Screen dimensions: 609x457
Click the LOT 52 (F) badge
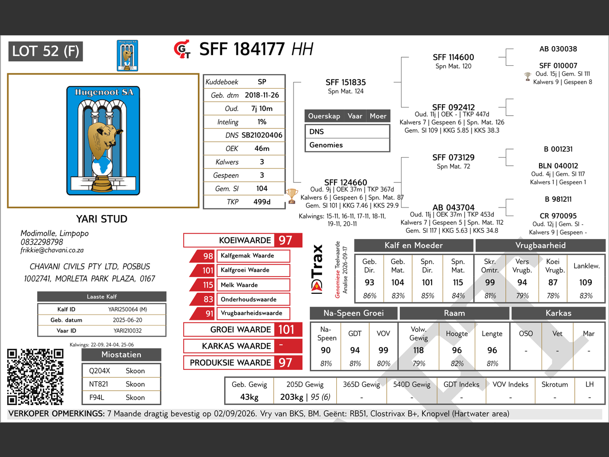pos(46,51)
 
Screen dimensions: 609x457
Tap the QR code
pos(35,377)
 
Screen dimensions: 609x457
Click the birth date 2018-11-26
pos(262,95)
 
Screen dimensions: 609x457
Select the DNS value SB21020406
pos(262,135)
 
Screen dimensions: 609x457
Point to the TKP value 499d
pos(262,202)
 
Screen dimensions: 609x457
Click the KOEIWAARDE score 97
pos(285,240)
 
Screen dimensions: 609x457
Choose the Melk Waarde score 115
pos(208,285)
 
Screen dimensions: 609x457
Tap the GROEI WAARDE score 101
pos(286,329)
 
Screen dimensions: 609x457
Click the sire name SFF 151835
pos(345,82)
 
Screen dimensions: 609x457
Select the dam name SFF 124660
pos(345,182)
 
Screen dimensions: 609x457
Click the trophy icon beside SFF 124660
pos(291,196)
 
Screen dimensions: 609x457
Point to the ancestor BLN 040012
pos(558,166)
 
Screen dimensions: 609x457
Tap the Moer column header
pos(378,116)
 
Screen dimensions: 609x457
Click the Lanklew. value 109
pos(585,282)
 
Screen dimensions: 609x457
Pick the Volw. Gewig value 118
pos(418,350)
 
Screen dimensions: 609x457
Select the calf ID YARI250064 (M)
pos(128,309)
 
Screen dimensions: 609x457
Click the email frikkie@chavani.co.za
pos(52,250)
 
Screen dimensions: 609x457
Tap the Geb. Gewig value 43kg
pos(249,397)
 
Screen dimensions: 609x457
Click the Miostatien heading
pos(121,355)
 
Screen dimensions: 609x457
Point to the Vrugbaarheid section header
pos(540,245)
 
